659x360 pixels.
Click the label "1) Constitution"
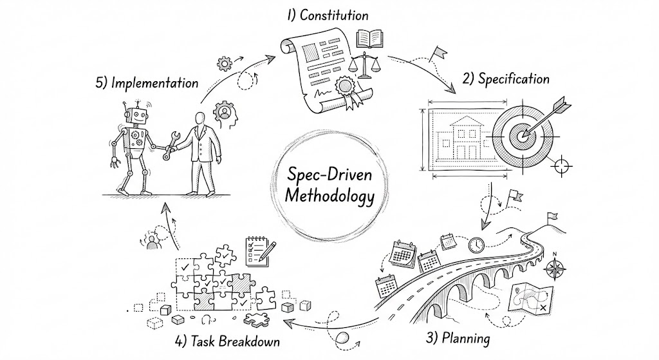(328, 14)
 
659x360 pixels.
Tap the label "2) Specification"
(506, 79)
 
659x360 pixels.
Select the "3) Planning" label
(458, 337)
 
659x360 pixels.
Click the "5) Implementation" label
(146, 83)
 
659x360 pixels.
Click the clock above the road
(476, 245)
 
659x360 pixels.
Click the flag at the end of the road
(552, 217)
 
